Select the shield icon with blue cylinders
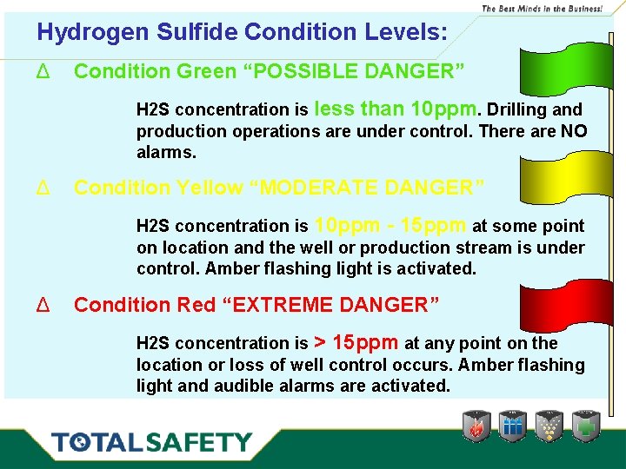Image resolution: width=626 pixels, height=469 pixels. tap(513, 426)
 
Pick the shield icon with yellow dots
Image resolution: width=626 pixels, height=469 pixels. tap(549, 426)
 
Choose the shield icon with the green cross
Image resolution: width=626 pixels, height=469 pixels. tap(585, 426)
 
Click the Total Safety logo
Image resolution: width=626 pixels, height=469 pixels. tap(151, 442)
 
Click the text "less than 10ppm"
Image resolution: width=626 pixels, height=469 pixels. tap(396, 109)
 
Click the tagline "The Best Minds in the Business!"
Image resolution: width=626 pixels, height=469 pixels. tap(542, 8)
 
